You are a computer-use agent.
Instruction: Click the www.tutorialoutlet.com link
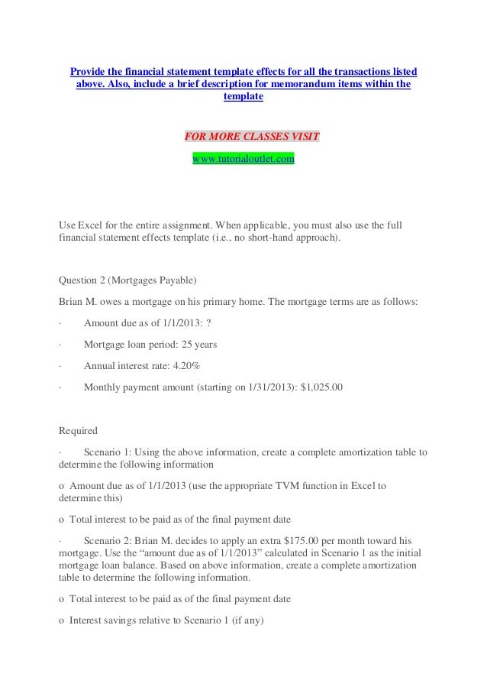click(x=243, y=158)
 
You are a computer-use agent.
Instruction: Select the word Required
click(x=78, y=430)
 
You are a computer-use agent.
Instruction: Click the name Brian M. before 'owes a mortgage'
click(x=82, y=301)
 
